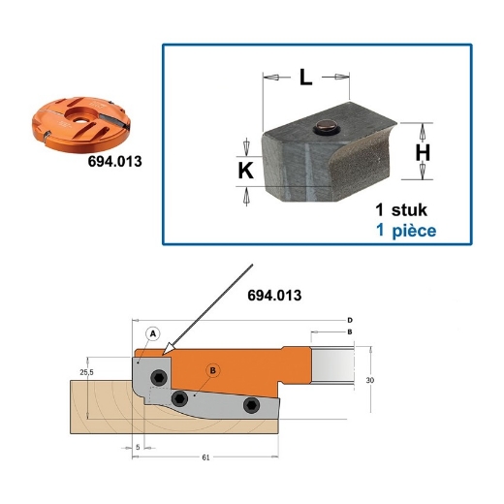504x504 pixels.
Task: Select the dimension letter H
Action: (423, 152)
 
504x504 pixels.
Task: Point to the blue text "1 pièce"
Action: (406, 231)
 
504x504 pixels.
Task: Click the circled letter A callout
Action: (152, 332)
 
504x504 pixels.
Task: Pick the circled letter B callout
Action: (214, 368)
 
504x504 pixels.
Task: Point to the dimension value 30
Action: (370, 381)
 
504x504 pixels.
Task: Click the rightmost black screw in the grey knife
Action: (251, 404)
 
